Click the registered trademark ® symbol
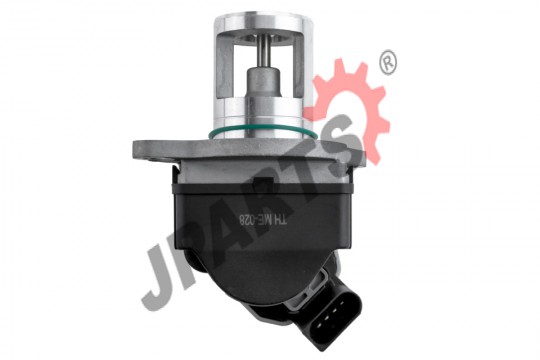point(388,62)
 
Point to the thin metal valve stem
point(263,52)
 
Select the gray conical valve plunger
point(264,82)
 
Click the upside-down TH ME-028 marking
point(263,220)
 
